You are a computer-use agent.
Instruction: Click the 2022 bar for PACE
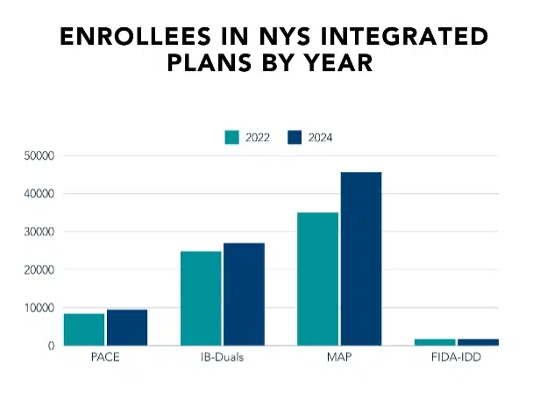coord(84,329)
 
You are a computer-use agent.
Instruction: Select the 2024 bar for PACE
coord(127,327)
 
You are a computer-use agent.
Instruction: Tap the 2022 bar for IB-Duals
coord(201,298)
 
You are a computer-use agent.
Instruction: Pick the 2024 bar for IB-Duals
coord(244,294)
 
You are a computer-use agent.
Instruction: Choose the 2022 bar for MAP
coord(317,279)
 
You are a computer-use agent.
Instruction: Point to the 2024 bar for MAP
coord(361,259)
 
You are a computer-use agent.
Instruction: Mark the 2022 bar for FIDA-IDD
coord(435,341)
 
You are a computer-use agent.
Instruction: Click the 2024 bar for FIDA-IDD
coord(478,341)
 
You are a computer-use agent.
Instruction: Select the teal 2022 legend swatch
coord(232,137)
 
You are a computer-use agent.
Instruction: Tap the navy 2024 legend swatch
coord(295,137)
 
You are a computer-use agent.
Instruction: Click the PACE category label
coord(105,359)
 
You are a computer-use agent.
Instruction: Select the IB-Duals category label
coord(223,359)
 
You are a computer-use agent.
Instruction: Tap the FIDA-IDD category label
coord(456,359)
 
